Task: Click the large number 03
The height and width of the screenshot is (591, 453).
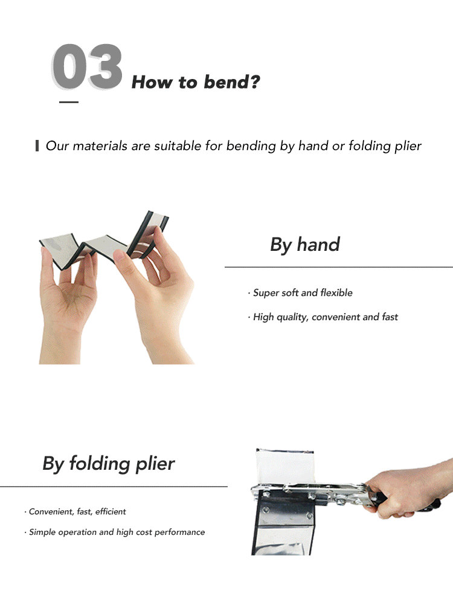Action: pyautogui.click(x=87, y=67)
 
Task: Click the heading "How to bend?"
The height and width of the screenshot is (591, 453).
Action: pyautogui.click(x=196, y=82)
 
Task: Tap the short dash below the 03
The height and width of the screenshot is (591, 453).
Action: pyautogui.click(x=69, y=102)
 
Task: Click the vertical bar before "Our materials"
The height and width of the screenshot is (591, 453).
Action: pyautogui.click(x=37, y=145)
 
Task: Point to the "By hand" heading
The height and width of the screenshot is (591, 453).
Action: pyautogui.click(x=305, y=245)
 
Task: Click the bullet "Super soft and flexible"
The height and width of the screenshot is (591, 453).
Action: pyautogui.click(x=300, y=293)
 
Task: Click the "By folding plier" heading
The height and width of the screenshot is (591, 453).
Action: pyautogui.click(x=108, y=464)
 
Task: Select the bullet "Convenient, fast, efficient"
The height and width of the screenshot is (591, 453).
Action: pyautogui.click(x=75, y=511)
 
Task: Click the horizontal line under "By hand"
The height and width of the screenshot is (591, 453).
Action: pyautogui.click(x=339, y=267)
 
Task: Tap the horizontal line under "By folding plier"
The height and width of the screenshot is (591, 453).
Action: pyautogui.click(x=114, y=487)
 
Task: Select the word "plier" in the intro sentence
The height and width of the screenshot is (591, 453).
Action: pyautogui.click(x=408, y=146)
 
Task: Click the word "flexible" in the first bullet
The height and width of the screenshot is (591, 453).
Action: pyautogui.click(x=336, y=293)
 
